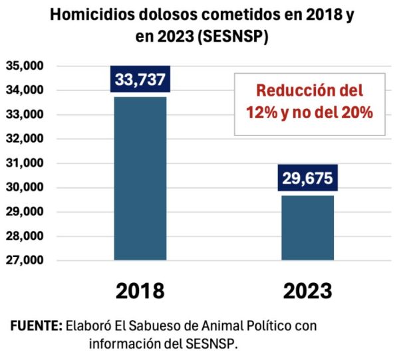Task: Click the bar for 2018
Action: click(140, 178)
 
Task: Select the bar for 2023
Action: click(308, 228)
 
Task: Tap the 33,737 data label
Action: click(140, 79)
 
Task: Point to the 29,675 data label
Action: click(308, 178)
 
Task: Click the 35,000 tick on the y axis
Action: click(25, 66)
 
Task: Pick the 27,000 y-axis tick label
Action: click(25, 260)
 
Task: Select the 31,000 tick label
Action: click(25, 163)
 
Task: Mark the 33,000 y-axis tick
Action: click(25, 114)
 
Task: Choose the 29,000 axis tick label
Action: click(25, 211)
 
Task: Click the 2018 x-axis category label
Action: click(140, 291)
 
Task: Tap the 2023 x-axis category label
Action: click(308, 291)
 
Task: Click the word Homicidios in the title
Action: click(92, 15)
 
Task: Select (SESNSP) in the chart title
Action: click(233, 37)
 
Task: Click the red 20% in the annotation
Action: click(357, 112)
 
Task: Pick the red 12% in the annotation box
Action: click(261, 112)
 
